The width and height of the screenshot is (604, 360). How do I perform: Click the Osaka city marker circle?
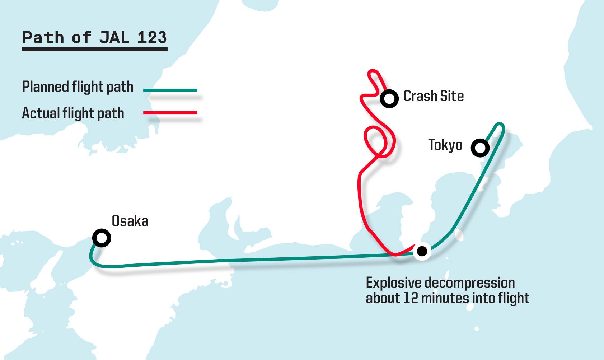[x=102, y=238]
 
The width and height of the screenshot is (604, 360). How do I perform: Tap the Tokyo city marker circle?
[x=480, y=148]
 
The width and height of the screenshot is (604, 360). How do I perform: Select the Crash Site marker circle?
[x=389, y=98]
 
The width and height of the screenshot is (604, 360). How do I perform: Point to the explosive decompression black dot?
[x=422, y=251]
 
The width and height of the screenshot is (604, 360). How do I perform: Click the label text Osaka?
[x=130, y=221]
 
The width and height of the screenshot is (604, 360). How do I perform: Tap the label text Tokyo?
[x=445, y=145]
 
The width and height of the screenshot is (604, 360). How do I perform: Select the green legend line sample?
[x=170, y=90]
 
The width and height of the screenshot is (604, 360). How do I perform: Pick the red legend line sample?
[x=170, y=113]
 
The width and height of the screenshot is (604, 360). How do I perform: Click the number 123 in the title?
[x=152, y=37]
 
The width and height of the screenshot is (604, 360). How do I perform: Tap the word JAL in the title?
[x=114, y=37]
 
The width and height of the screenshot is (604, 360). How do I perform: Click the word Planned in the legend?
[x=45, y=87]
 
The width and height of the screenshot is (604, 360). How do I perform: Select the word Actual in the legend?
[x=41, y=113]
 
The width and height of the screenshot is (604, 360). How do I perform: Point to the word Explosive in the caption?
[x=393, y=283]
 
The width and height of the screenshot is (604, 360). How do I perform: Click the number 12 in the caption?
[x=410, y=298]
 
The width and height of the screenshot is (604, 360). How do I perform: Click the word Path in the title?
[x=43, y=37]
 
